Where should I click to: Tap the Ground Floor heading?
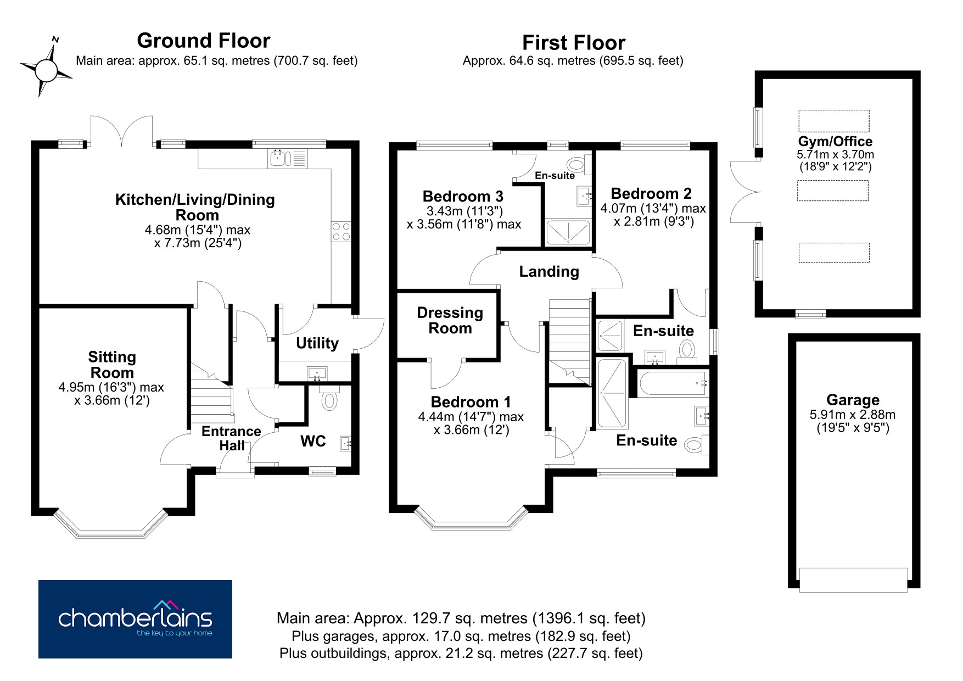[x=204, y=41]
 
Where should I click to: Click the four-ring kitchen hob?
[x=341, y=231]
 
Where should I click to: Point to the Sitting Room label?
[x=112, y=365]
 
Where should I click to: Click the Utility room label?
[x=317, y=343]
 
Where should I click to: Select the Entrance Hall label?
[x=231, y=438]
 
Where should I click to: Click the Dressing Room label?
[x=450, y=320]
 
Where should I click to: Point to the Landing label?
[x=549, y=271]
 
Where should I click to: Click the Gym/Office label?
[x=835, y=141]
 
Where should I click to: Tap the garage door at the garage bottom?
[x=853, y=580]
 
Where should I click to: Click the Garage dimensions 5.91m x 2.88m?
[x=853, y=415]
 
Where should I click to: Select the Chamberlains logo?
[x=135, y=619]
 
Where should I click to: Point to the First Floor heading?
[x=574, y=43]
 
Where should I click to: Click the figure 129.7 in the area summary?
[x=432, y=618]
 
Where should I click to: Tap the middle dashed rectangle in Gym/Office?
[x=833, y=191]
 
